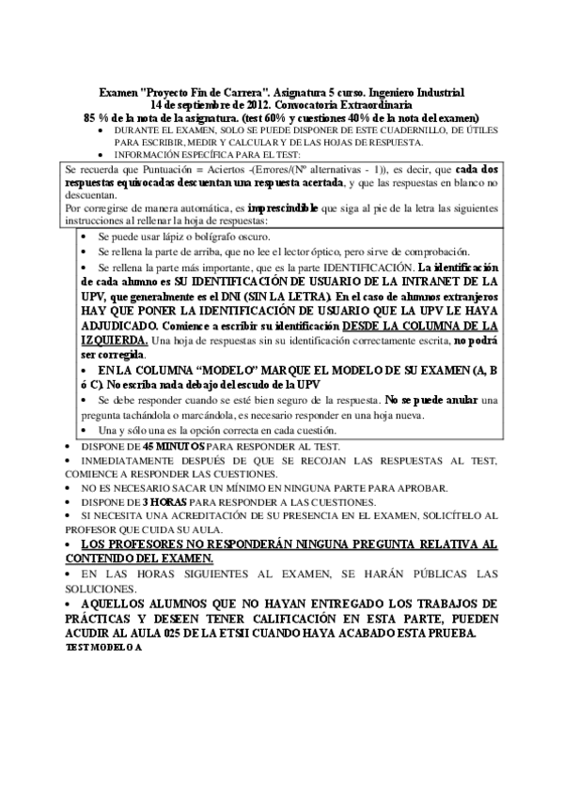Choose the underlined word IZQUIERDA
coord(114,339)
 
